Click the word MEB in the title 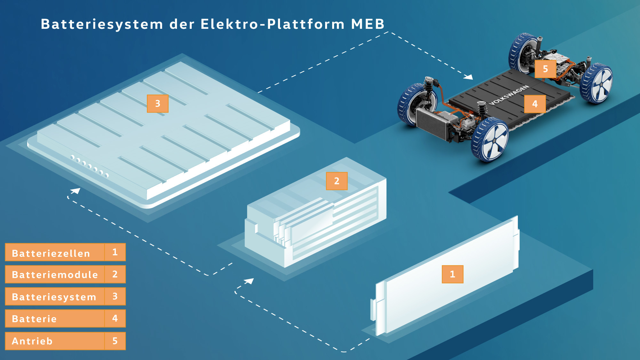tap(368, 24)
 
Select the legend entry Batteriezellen tap(51, 253)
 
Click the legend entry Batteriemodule tap(55, 275)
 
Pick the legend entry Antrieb tap(32, 341)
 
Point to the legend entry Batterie tap(34, 319)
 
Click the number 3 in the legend tap(115, 296)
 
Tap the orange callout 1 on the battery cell tap(452, 274)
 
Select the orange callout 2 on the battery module tap(337, 181)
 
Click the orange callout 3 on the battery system tap(158, 104)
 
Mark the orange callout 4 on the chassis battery tap(535, 104)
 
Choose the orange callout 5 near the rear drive tap(546, 69)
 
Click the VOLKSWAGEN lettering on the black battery tap(509, 95)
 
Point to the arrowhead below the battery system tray tap(76, 191)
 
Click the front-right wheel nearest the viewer tap(490, 140)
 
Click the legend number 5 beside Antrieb tap(115, 341)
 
